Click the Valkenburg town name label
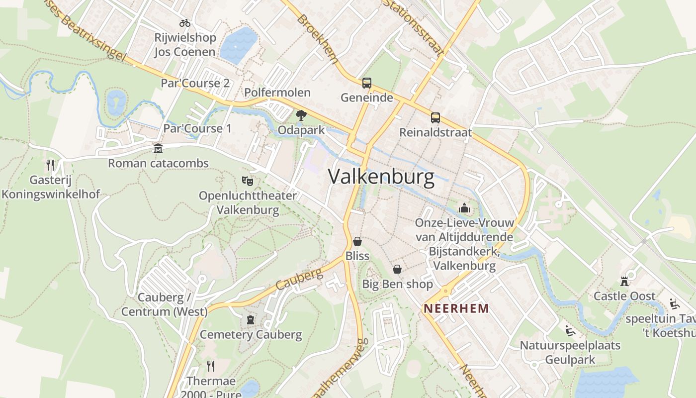coord(381,177)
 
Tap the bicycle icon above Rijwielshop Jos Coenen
coord(185,23)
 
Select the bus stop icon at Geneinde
coord(367,83)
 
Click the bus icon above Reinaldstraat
coord(435,118)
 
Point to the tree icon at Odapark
coord(301,116)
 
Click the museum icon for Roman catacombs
coord(158,149)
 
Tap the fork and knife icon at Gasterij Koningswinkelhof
coord(50,165)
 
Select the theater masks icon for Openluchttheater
coord(248,181)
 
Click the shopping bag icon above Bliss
coord(357,241)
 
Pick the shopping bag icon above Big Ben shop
coord(397,269)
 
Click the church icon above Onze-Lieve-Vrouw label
coord(464,208)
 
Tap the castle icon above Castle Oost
coord(624,282)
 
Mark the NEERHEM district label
coord(456,308)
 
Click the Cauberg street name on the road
coord(299,281)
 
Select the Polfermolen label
coord(277,93)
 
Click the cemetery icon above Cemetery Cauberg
coord(251,319)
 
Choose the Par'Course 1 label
coord(197,128)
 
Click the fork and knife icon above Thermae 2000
coord(211,367)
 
